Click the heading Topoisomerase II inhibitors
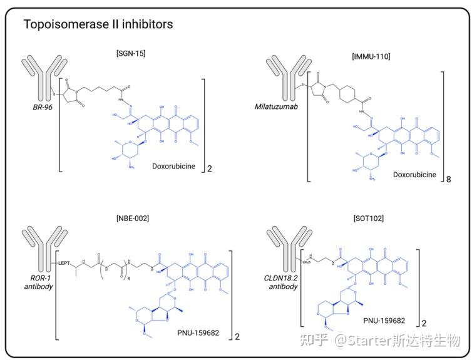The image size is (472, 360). point(98,24)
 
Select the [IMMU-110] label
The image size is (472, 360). point(371,56)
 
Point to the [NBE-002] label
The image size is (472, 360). point(132,218)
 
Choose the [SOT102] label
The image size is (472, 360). point(367,218)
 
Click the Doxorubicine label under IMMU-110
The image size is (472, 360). point(414,175)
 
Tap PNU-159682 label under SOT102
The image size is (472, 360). point(384,321)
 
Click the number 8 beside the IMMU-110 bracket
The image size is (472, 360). point(448,179)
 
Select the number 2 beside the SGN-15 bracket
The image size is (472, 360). point(210,169)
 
